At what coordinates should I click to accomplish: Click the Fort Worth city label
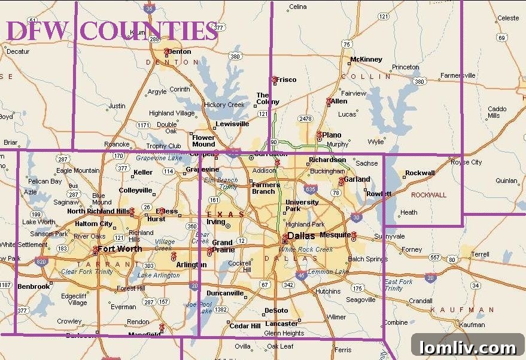click(120, 249)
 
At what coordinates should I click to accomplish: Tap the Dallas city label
click(301, 236)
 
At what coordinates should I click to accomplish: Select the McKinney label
click(366, 59)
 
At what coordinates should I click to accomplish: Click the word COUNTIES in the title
click(149, 30)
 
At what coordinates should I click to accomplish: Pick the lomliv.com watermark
click(467, 347)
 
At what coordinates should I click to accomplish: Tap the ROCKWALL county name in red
click(429, 195)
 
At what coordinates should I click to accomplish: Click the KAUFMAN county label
click(462, 310)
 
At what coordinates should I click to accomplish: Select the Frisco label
click(286, 80)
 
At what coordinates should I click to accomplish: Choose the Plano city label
click(332, 135)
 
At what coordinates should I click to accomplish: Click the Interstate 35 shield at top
click(149, 8)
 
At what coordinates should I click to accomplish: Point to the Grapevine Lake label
click(159, 158)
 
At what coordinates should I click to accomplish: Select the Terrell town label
click(480, 254)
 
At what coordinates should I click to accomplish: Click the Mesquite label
click(335, 234)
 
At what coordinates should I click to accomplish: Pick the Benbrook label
click(34, 286)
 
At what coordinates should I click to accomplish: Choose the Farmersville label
click(458, 75)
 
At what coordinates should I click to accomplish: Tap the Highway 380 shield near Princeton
click(419, 81)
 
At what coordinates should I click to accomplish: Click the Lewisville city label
click(232, 124)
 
